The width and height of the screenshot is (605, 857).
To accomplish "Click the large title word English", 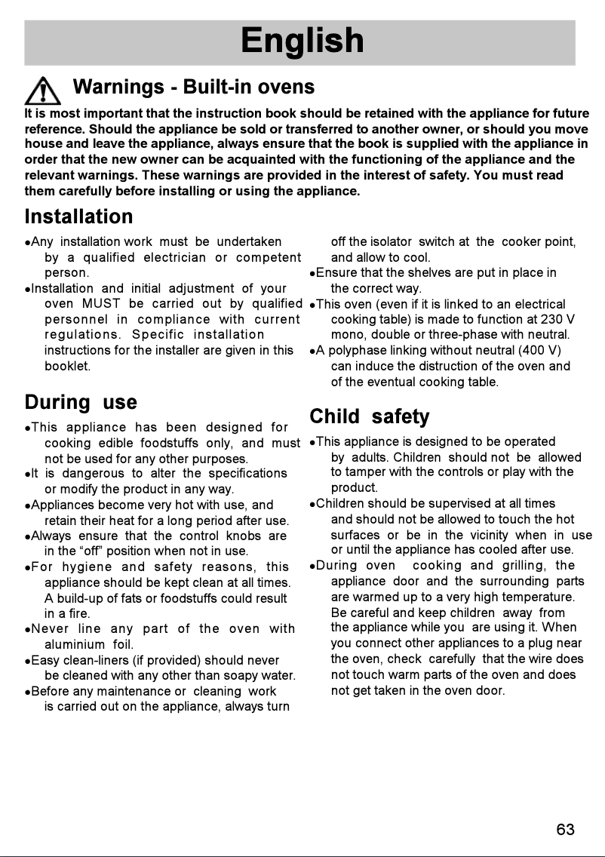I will click(x=302, y=41).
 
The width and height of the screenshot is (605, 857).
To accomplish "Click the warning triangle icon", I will click(x=43, y=92).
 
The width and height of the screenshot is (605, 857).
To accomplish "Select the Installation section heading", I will click(x=78, y=217).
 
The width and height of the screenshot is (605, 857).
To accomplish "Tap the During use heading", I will click(x=81, y=402).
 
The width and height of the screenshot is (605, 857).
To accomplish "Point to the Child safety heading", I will click(x=370, y=416).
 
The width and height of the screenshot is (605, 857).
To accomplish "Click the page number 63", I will click(x=565, y=830).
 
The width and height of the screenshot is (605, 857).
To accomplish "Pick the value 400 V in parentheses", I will click(x=536, y=350).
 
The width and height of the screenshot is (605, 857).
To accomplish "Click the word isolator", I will click(x=388, y=242).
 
